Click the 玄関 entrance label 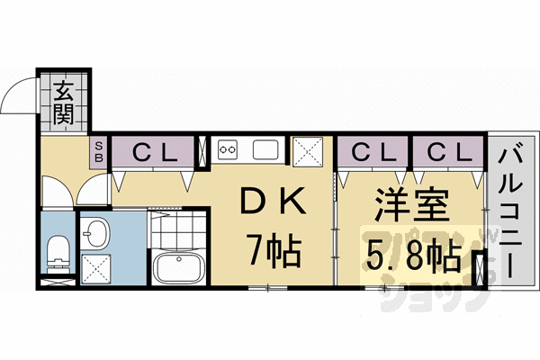63,101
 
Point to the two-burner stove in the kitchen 226,149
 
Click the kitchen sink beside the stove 267,149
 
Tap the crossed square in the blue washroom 95,267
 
